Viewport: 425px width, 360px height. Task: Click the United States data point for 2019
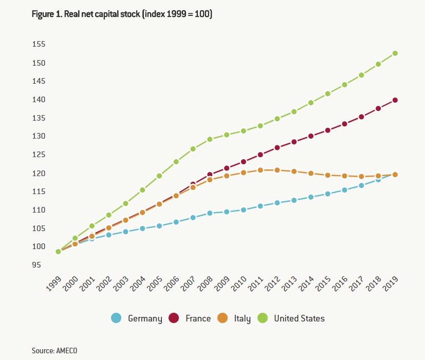coord(395,53)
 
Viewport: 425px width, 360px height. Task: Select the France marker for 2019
coord(395,100)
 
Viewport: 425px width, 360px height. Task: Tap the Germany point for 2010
coord(244,210)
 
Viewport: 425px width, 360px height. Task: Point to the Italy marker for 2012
coord(277,170)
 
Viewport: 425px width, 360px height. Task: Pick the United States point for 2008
coord(210,139)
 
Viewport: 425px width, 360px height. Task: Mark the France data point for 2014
coord(311,136)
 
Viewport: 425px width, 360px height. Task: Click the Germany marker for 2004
coord(142,228)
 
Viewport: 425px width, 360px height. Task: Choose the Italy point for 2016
coord(344,176)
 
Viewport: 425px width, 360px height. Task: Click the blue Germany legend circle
coord(117,318)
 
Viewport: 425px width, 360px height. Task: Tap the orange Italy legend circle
coord(224,318)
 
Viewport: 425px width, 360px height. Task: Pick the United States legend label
coord(299,318)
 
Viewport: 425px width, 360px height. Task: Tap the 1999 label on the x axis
coord(53,284)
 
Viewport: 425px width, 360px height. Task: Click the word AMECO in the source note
coord(67,350)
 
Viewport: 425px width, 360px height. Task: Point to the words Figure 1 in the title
coord(46,14)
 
